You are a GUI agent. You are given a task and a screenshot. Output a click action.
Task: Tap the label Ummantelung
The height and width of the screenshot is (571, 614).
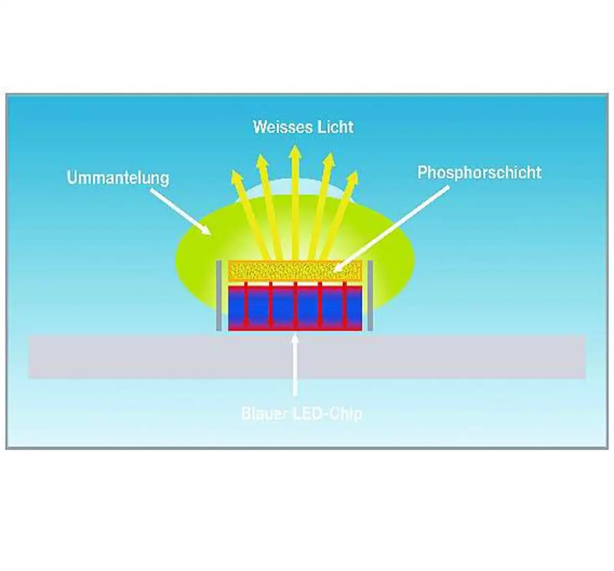click(x=118, y=178)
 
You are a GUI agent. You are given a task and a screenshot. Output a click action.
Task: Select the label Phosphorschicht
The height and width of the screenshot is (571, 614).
click(x=479, y=172)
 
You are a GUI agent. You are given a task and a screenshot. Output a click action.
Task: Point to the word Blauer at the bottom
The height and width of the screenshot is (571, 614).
click(x=263, y=414)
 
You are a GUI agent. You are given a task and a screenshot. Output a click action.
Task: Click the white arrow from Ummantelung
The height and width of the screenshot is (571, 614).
click(x=180, y=211)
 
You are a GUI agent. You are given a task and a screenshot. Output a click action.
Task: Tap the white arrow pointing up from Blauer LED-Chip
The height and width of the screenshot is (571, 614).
click(x=295, y=365)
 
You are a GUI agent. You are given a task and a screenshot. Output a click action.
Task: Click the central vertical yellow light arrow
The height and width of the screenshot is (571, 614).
click(x=295, y=202)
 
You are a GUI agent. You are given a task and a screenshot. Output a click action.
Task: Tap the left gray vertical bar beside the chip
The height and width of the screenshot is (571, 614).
click(x=218, y=296)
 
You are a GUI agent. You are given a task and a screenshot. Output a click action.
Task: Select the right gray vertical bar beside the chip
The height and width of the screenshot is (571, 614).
click(x=370, y=296)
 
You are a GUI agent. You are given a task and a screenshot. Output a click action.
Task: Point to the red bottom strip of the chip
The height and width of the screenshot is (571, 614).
click(x=295, y=327)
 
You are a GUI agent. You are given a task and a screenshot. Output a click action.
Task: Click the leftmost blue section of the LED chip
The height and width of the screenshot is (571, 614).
click(x=236, y=305)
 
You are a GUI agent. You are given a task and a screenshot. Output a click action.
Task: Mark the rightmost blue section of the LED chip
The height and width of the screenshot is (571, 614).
click(x=353, y=305)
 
